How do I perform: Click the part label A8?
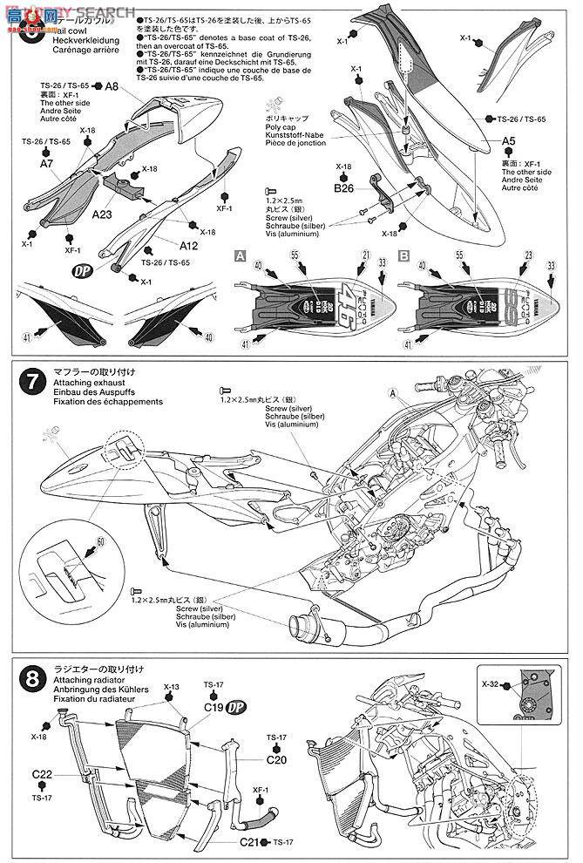[x=111, y=87]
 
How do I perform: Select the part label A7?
[x=47, y=162]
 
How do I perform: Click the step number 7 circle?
[x=31, y=380]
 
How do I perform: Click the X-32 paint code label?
[x=491, y=685]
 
